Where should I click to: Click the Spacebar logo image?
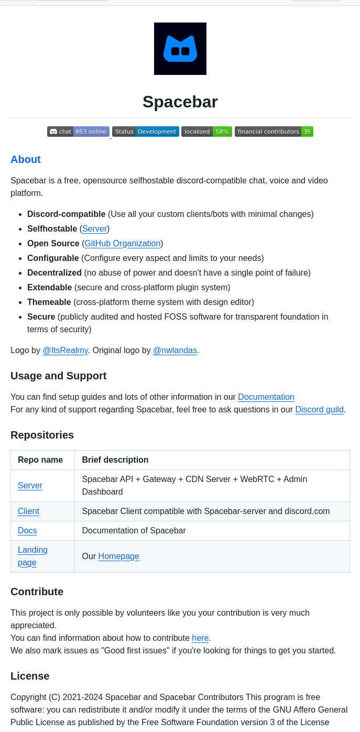(x=180, y=49)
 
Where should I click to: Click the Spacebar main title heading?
(x=180, y=102)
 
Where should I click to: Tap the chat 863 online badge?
(x=78, y=132)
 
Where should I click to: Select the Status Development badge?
(x=145, y=132)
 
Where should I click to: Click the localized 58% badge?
(x=206, y=132)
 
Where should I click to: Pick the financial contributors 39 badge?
(x=274, y=132)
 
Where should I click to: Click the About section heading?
(x=26, y=159)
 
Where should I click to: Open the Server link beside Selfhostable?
(x=94, y=229)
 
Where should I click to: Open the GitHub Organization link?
(x=123, y=244)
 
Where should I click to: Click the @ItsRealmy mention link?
(x=65, y=351)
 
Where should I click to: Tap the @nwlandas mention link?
(x=175, y=351)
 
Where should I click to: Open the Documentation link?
(x=266, y=397)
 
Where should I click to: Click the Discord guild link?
(x=319, y=410)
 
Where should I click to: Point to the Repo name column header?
(x=40, y=460)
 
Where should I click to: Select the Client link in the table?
(x=28, y=511)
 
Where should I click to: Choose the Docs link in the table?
(x=27, y=531)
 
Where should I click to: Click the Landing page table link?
(x=32, y=556)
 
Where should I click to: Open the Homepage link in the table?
(x=118, y=556)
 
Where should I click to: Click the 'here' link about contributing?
(x=200, y=638)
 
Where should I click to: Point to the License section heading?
(x=30, y=676)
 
